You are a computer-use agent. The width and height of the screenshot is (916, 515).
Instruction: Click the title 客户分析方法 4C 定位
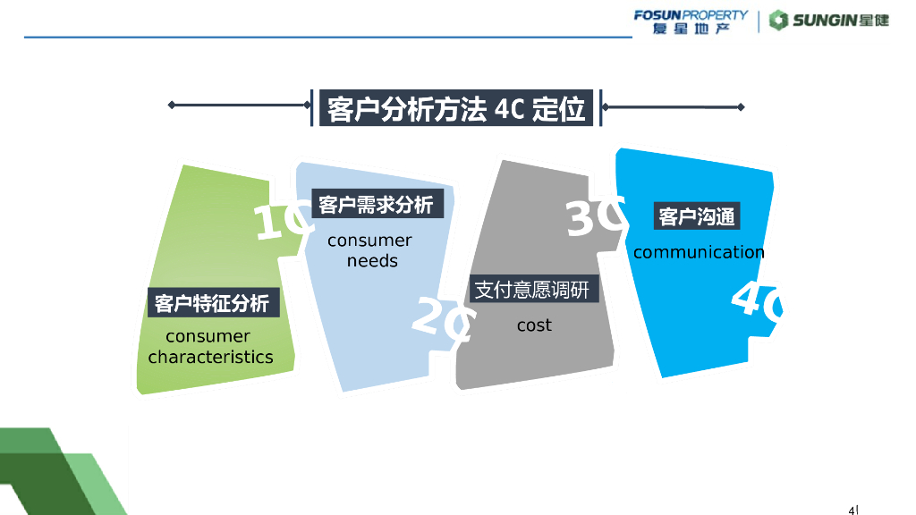click(x=455, y=108)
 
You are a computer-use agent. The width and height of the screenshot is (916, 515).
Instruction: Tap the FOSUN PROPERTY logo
click(x=691, y=21)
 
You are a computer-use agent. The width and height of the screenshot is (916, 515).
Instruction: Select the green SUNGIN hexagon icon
click(x=778, y=21)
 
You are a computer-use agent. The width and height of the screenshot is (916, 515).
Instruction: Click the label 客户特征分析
click(x=212, y=303)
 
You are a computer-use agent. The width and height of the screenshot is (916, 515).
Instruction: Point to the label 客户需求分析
click(x=376, y=205)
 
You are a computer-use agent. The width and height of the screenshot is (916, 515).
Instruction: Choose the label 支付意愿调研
click(x=532, y=290)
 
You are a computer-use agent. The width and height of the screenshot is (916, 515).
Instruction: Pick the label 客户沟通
click(x=696, y=216)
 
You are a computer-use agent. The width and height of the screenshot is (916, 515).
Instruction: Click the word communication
click(x=699, y=252)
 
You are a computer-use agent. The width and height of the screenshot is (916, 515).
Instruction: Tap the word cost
click(x=534, y=325)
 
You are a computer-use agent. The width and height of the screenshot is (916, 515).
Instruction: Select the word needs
click(x=372, y=261)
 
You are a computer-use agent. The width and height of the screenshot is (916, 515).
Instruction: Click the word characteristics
click(x=210, y=357)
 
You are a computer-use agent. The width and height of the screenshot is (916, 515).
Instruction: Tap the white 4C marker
click(x=757, y=300)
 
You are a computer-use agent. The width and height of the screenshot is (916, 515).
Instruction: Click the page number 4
click(x=852, y=511)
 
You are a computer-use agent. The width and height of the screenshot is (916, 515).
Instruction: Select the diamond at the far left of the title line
click(x=171, y=106)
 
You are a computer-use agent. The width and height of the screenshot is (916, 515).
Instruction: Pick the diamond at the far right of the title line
click(x=741, y=107)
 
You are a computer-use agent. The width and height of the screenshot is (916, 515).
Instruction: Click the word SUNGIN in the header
click(x=824, y=21)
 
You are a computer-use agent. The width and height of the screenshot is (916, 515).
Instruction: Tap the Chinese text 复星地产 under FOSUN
click(x=691, y=29)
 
